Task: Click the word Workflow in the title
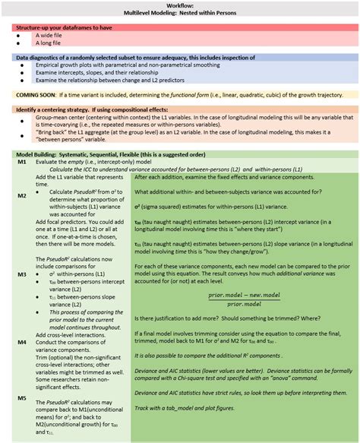(181, 5)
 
